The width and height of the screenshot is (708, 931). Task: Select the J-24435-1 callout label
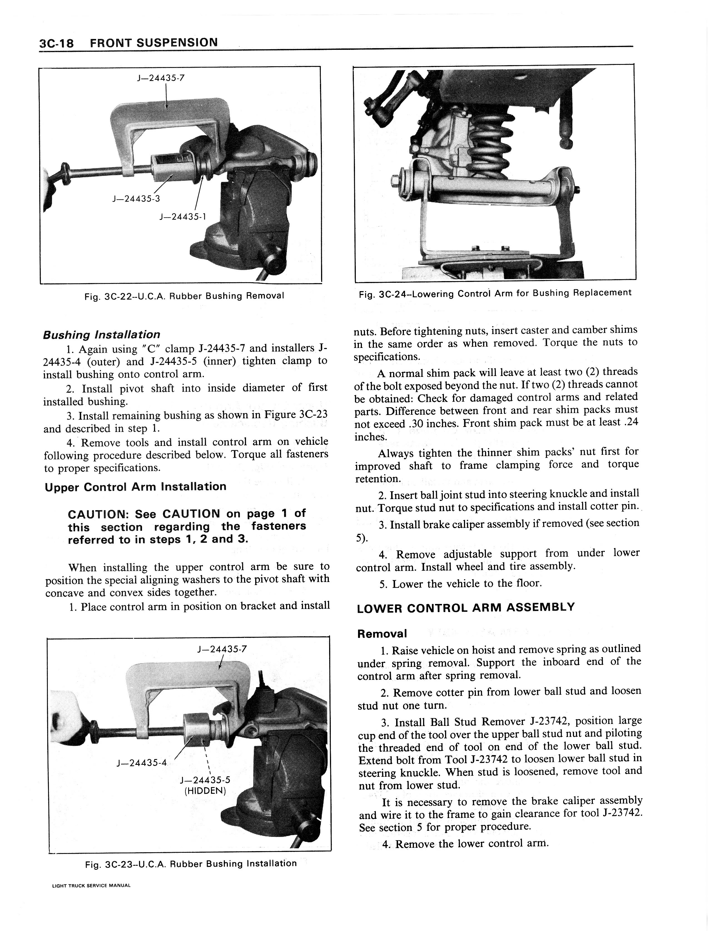point(183,217)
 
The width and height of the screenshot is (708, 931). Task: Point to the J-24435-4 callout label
point(141,763)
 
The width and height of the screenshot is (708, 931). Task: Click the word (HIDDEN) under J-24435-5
point(205,790)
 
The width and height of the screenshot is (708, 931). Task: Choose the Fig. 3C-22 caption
point(184,296)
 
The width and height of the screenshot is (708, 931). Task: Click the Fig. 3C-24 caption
point(495,293)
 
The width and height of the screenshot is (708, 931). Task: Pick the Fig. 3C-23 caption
point(191,863)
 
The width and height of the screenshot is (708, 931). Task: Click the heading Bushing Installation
point(101,335)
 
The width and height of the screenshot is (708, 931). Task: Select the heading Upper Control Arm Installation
point(135,487)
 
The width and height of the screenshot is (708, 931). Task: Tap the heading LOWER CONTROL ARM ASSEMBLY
point(466,608)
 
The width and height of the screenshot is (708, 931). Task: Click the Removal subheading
point(382,633)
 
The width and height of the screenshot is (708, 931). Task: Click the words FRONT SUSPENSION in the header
point(154,43)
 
